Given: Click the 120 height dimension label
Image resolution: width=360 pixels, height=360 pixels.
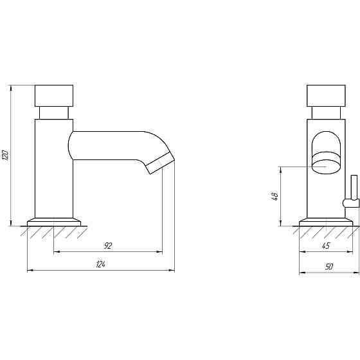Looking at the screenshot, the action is [5, 155].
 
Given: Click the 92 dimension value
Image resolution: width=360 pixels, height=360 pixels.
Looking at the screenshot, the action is [108, 246].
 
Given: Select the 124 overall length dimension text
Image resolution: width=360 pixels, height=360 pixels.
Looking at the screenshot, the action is [100, 264].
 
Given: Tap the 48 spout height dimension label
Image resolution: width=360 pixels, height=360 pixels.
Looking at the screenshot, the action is [275, 196].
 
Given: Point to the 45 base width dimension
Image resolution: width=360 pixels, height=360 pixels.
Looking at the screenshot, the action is [326, 246].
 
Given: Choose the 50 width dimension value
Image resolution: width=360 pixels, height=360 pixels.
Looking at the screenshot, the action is [328, 267].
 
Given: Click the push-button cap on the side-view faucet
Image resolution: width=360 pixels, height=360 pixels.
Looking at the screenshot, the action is [54, 96].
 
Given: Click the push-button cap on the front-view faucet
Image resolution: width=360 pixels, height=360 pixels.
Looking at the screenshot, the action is [326, 96].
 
